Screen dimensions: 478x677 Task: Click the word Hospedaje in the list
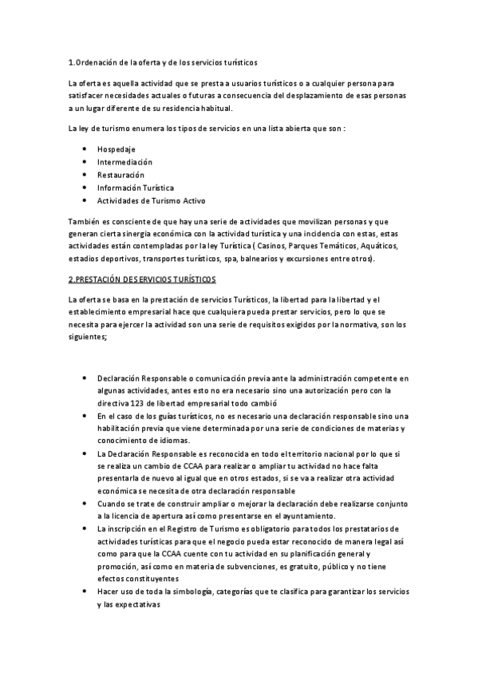116,149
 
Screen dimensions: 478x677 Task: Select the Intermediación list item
124,162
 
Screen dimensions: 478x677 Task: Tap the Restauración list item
120,175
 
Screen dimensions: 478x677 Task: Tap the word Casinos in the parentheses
279,247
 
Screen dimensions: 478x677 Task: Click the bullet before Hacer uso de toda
85,592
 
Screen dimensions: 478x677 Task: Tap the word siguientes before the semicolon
89,338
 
